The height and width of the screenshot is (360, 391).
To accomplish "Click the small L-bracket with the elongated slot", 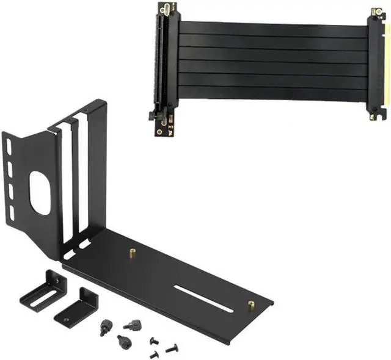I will (x=41, y=292).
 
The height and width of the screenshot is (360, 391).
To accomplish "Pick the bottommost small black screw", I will (x=153, y=355).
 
